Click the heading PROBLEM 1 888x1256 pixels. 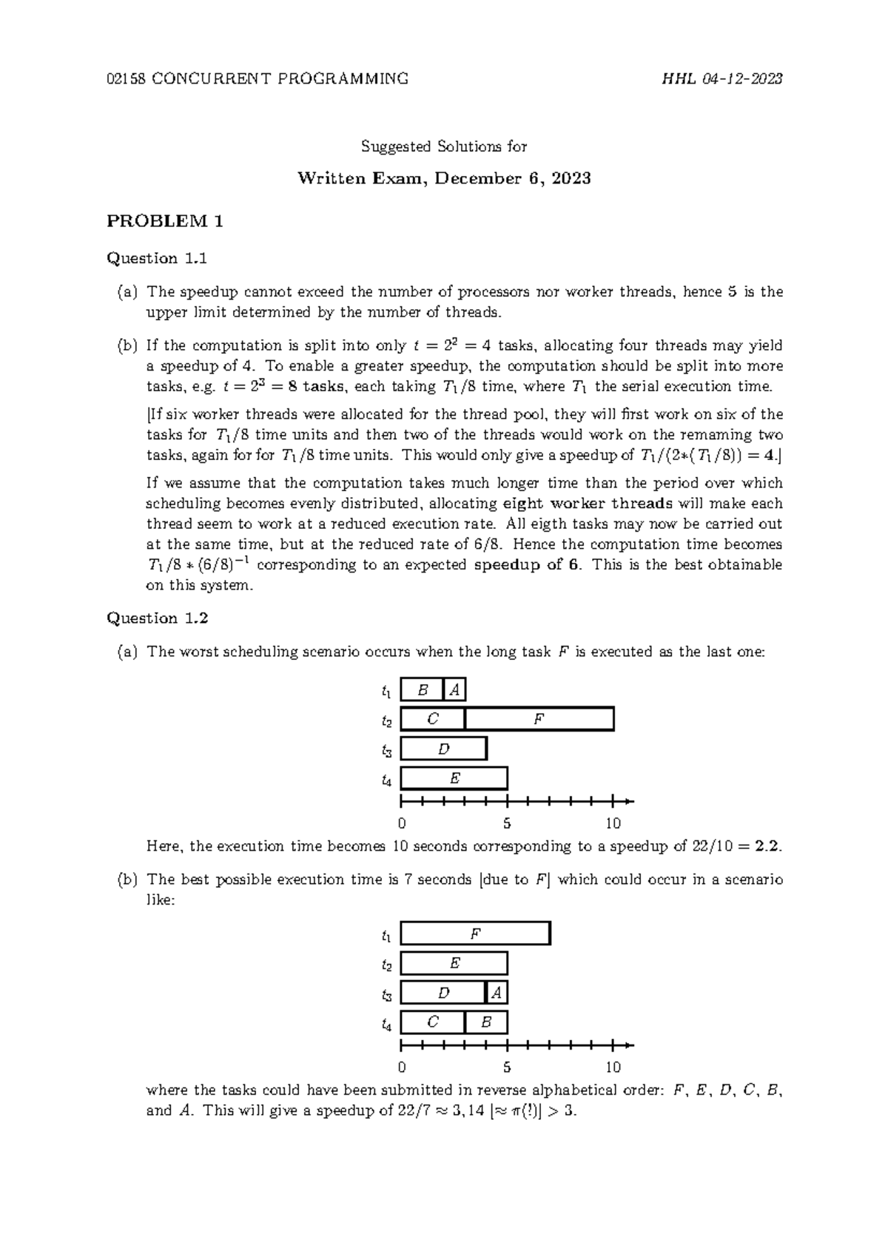(x=165, y=220)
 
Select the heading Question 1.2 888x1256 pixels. (x=158, y=618)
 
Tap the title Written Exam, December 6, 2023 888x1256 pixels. (x=444, y=178)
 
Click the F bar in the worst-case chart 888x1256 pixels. (x=539, y=719)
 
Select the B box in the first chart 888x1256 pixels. (x=423, y=690)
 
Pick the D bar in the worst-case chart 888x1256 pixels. (x=443, y=749)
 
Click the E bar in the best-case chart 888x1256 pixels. (x=454, y=963)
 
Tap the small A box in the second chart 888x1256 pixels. (x=497, y=993)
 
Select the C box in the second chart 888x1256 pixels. (x=433, y=1022)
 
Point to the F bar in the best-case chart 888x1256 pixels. (x=475, y=933)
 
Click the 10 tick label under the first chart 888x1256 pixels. (x=613, y=823)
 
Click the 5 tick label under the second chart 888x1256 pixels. (x=507, y=1067)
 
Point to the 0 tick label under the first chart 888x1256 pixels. (x=401, y=823)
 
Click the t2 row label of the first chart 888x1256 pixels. (x=386, y=720)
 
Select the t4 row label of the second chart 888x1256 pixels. (x=386, y=1024)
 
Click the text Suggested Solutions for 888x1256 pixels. (x=444, y=146)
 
